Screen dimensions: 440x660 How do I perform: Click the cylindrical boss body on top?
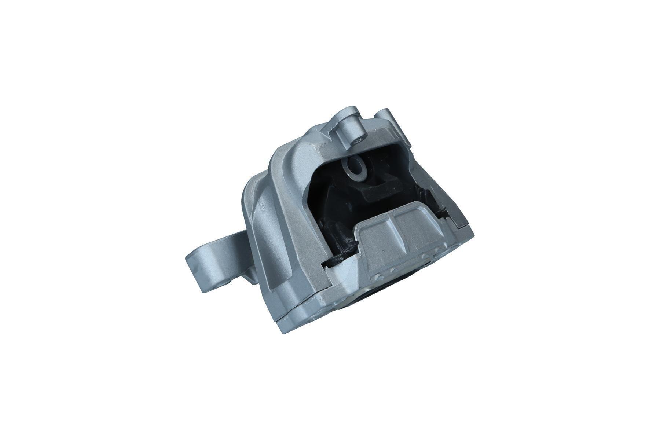pyautogui.click(x=348, y=125)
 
